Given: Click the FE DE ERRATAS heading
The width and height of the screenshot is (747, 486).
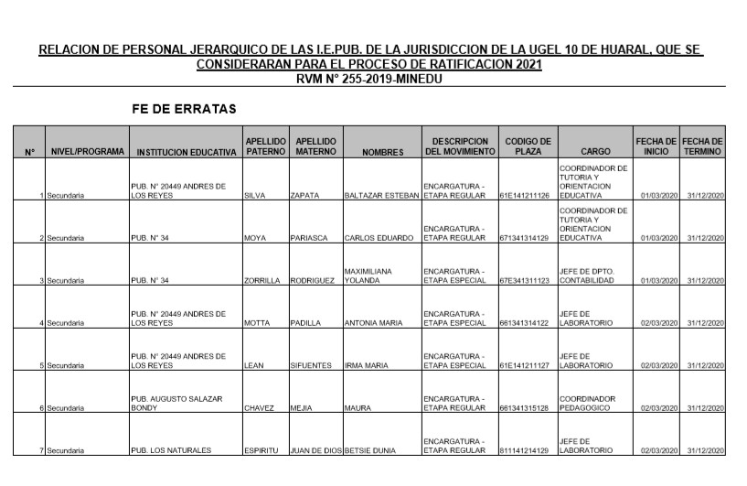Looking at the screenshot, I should pyautogui.click(x=185, y=109).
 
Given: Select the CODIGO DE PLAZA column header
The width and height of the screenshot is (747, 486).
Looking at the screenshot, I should pyautogui.click(x=528, y=146).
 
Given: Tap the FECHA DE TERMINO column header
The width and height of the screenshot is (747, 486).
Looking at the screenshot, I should pyautogui.click(x=702, y=146).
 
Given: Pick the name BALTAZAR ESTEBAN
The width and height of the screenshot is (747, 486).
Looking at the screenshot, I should pyautogui.click(x=380, y=195).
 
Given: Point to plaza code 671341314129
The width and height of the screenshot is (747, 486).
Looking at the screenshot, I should pyautogui.click(x=525, y=238).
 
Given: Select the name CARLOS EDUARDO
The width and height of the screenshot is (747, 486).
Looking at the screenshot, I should pyautogui.click(x=379, y=238).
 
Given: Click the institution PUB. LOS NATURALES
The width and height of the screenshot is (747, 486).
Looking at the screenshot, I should pyautogui.click(x=172, y=450).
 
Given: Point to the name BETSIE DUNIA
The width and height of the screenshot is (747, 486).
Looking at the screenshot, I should pyautogui.click(x=375, y=450).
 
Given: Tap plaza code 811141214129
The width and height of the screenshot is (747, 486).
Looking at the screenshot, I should pyautogui.click(x=525, y=450).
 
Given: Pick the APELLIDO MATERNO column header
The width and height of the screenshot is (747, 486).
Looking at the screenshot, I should pyautogui.click(x=316, y=146).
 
